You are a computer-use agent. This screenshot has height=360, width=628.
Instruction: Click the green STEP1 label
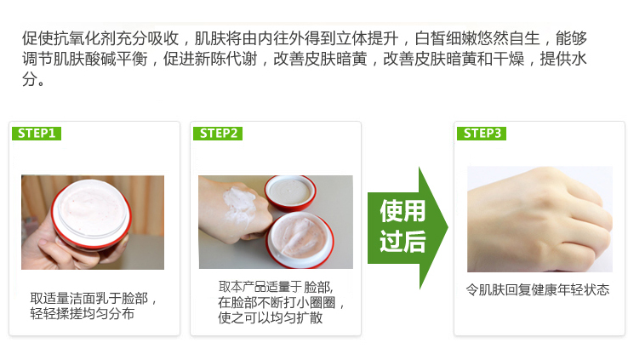click(36, 134)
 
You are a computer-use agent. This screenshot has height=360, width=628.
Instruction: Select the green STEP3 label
click(481, 134)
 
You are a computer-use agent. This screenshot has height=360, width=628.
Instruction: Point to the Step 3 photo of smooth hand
click(539, 219)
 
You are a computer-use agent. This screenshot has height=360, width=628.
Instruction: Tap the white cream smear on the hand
click(233, 201)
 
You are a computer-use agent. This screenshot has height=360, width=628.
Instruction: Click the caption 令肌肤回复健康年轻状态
click(538, 289)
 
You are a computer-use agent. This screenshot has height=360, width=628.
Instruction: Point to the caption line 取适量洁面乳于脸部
click(94, 298)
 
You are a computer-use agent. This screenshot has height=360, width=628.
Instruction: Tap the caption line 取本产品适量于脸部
click(276, 286)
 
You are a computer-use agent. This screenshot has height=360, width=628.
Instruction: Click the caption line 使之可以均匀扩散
click(271, 318)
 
